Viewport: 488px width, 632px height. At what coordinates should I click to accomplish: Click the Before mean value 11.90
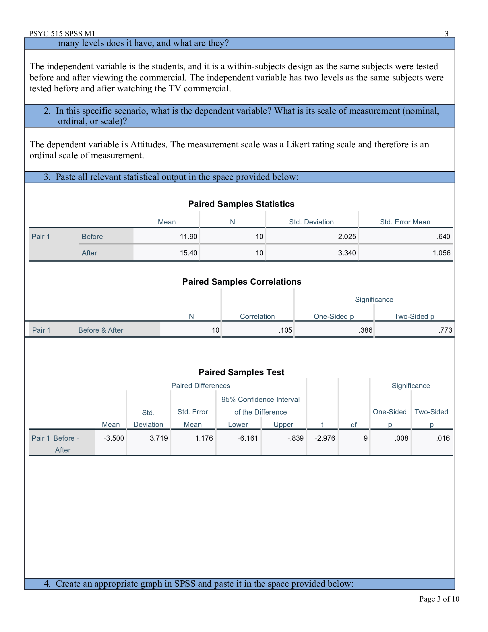coord(188,236)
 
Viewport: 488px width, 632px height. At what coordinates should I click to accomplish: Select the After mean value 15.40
coord(188,253)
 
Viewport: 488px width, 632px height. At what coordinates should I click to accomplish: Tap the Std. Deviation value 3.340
coord(347,253)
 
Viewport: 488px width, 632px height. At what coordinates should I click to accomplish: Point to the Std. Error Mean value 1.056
coord(441,253)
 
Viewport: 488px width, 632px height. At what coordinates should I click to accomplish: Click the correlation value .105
coord(285,330)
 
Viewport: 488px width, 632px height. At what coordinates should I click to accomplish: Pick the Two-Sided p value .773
coord(445,330)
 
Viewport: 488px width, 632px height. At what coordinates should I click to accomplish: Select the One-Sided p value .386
coord(365,330)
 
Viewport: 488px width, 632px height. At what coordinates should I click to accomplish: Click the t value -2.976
coord(325,438)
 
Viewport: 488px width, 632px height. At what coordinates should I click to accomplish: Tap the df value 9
coord(365,438)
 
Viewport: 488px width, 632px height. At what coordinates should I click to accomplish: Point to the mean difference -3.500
coord(114,438)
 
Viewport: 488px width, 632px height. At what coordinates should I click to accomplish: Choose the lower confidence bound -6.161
coord(248,438)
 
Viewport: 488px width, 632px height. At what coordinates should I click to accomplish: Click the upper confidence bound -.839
coord(295,438)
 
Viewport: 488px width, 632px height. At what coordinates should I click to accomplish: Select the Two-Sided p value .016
coord(443,438)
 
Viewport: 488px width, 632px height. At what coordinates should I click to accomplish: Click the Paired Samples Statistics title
coord(241,204)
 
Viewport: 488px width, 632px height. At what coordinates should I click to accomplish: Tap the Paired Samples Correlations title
coord(241,282)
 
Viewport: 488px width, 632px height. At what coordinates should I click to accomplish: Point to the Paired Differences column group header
coord(201,386)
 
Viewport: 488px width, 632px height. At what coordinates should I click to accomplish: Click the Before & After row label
coord(100,330)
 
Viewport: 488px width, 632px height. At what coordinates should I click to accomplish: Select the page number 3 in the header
coord(446,34)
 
